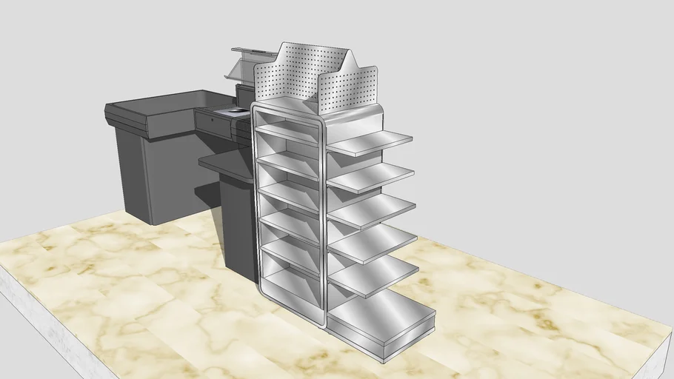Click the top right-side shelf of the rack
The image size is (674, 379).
(x=370, y=142)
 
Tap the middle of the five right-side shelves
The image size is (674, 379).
(x=372, y=209)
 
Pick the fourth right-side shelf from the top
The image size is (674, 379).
(x=373, y=242)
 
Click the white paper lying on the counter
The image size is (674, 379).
(x=238, y=110)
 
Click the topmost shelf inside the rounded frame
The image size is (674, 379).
(x=289, y=134)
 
